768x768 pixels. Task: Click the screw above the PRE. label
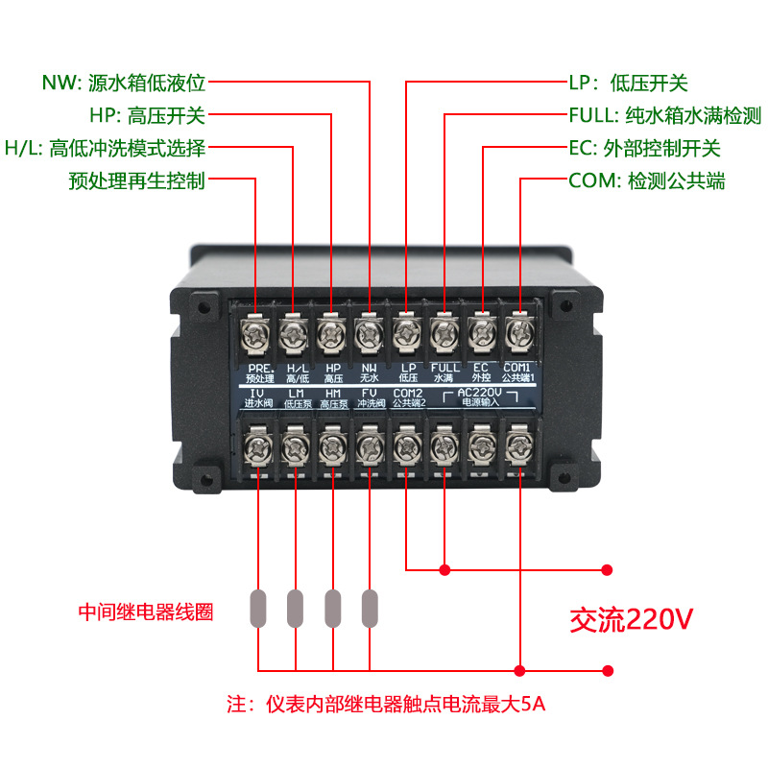point(258,334)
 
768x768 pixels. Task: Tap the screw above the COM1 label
point(519,334)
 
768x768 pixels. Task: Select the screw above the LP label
point(406,334)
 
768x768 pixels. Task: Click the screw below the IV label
point(258,446)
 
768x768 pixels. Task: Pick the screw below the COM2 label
point(406,446)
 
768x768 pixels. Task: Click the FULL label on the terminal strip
point(444,372)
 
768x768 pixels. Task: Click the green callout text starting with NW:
point(124,83)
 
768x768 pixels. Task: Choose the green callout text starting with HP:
point(147,116)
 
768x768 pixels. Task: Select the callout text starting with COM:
point(646,181)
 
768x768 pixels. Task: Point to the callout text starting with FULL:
point(664,116)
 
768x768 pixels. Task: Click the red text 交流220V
point(631,618)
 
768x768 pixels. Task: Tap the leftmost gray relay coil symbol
point(258,608)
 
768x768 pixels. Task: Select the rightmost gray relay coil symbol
point(370,608)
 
